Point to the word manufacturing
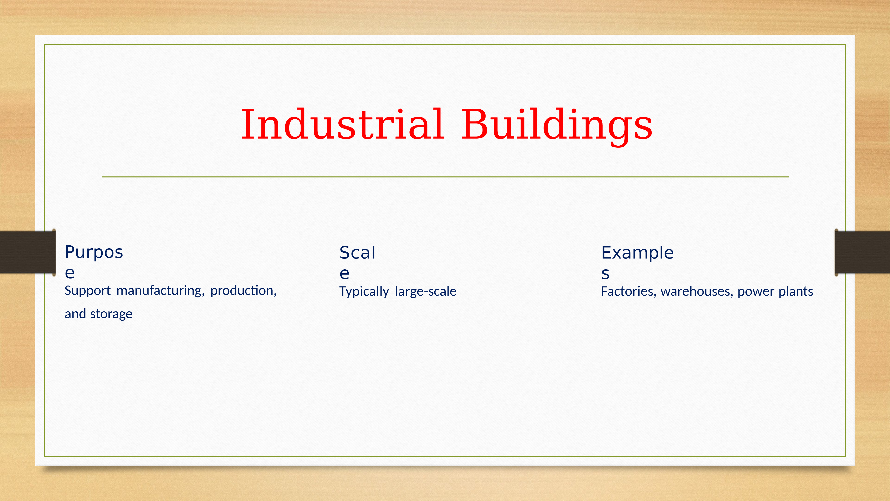(160, 291)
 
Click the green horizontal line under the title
(445, 177)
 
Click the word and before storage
(75, 314)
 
